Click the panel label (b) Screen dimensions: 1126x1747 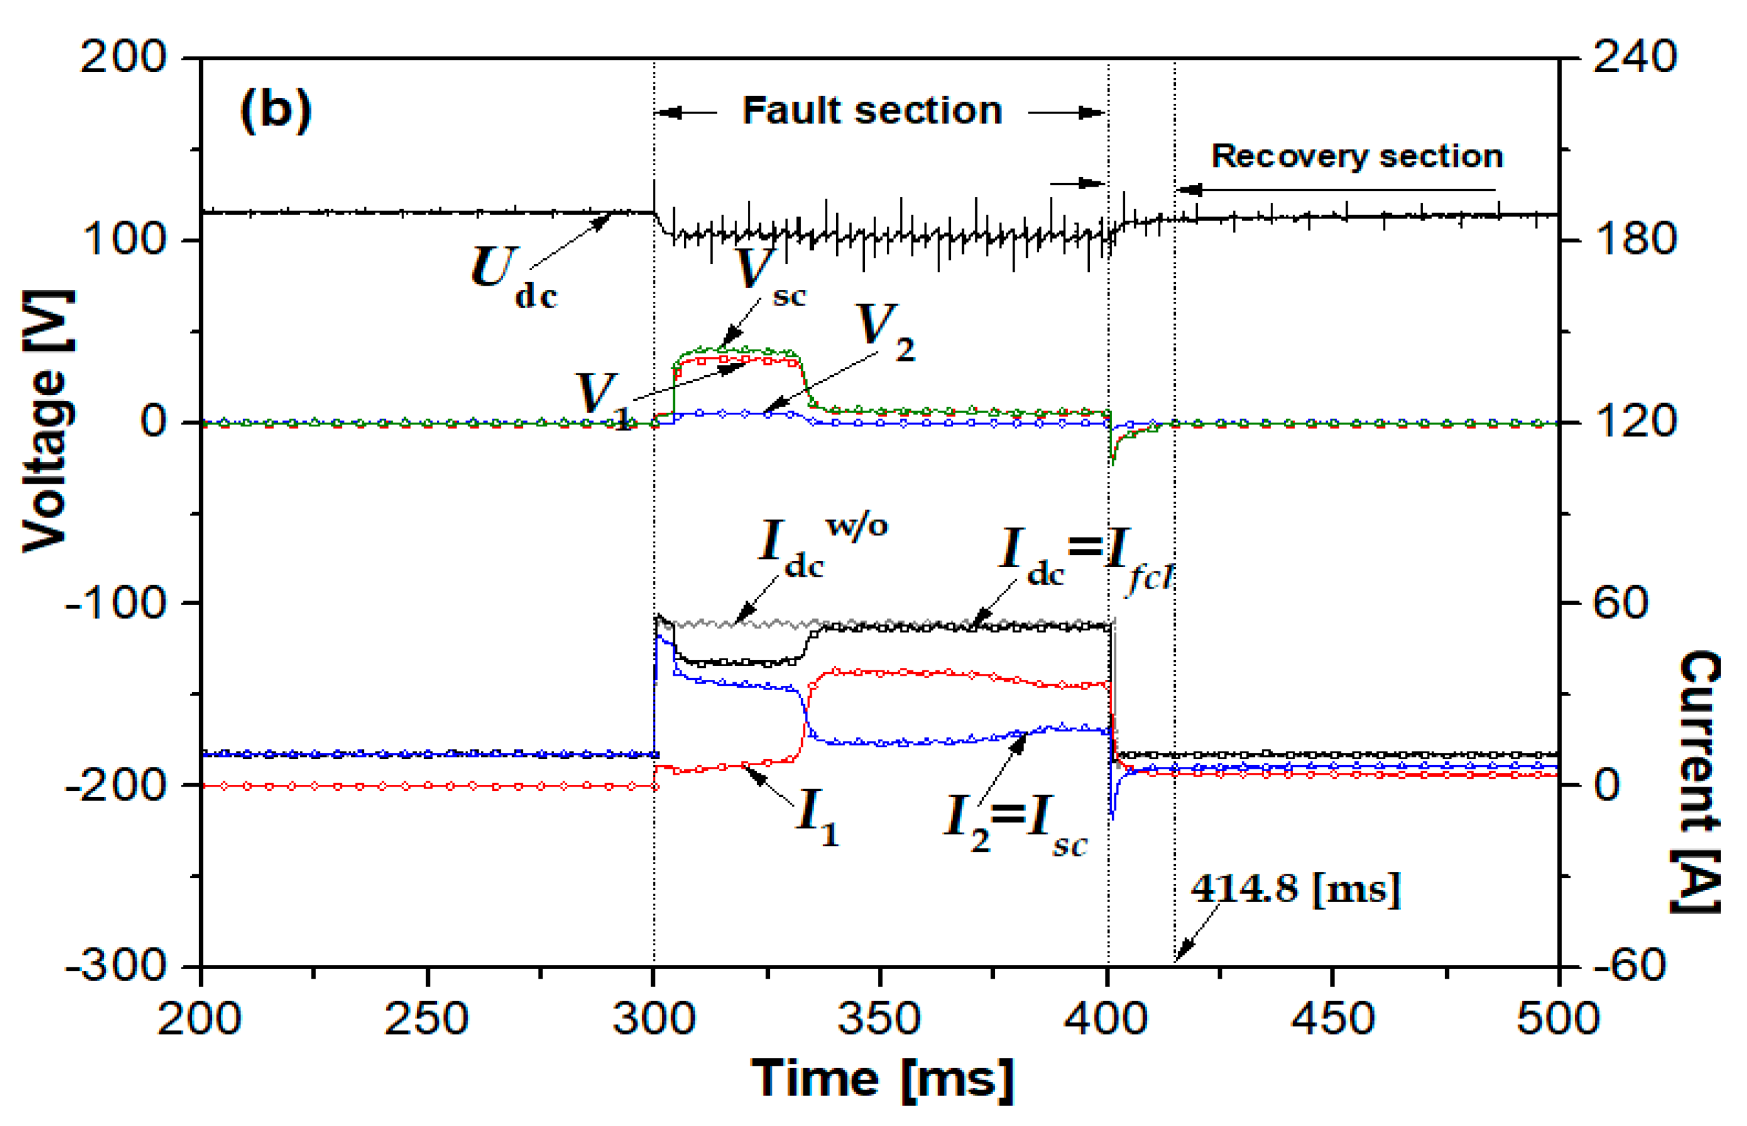tap(275, 110)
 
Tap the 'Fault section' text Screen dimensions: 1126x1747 tap(872, 111)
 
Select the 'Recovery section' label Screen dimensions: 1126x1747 tap(1357, 156)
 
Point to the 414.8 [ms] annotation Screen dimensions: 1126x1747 tap(1295, 889)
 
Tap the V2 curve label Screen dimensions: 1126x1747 tap(884, 332)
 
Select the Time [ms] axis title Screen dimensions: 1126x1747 tap(882, 1078)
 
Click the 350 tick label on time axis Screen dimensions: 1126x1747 tap(879, 1019)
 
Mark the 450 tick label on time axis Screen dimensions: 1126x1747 tap(1332, 1019)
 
